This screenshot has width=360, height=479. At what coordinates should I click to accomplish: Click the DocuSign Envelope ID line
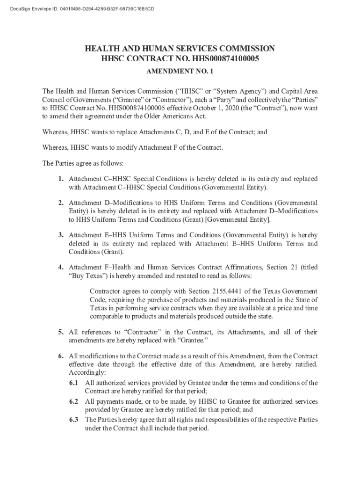pos(79,9)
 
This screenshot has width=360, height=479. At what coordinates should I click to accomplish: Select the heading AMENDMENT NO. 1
pos(180,73)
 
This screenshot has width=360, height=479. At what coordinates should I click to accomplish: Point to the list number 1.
pos(61,179)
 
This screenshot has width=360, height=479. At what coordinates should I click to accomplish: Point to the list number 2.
pos(61,203)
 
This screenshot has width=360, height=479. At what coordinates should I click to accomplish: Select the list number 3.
pos(61,235)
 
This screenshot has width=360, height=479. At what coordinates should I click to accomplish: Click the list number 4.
pos(61,268)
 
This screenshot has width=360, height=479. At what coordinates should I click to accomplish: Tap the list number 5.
pos(61,332)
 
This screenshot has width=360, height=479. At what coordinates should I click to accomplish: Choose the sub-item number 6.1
pos(74,383)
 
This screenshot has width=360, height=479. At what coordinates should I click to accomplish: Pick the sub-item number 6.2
pos(74,401)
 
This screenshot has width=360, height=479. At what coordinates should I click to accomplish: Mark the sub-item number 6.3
pos(74,420)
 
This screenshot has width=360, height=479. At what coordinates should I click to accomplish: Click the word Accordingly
pos(87,373)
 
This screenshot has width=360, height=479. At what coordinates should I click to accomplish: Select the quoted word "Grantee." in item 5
pos(193,341)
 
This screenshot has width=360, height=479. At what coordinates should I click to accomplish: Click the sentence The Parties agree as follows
pos(83,164)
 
